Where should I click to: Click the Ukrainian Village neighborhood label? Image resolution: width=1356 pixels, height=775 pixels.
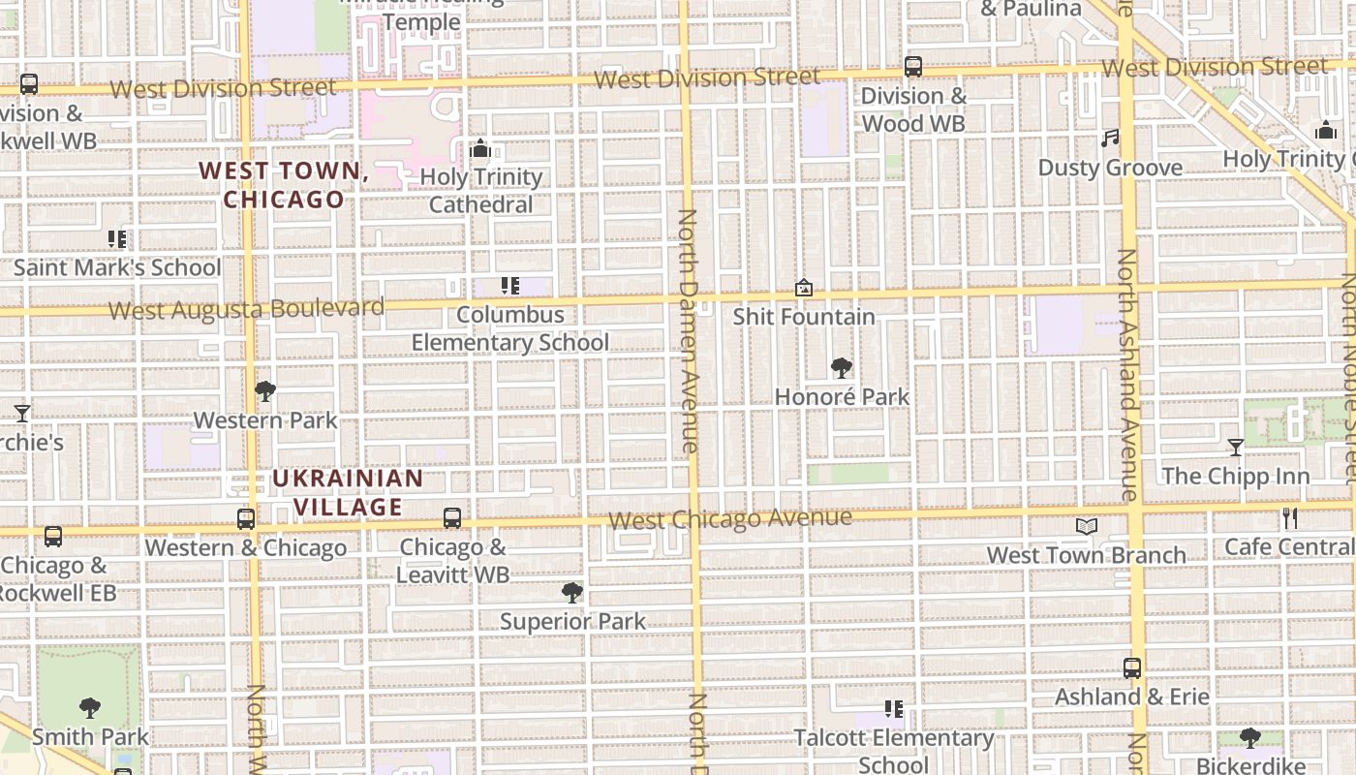[348, 492]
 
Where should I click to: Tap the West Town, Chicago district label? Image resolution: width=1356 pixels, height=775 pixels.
[284, 185]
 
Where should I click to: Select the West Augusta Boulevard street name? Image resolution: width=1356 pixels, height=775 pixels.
[246, 309]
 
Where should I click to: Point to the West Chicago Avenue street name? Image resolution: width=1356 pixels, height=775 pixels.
[730, 518]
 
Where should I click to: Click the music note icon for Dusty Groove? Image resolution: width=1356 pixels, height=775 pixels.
[1110, 139]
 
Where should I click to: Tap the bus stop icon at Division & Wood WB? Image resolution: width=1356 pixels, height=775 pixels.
[912, 67]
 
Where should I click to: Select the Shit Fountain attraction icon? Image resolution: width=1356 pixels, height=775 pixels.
[803, 288]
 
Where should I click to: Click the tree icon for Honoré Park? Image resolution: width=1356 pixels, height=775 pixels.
[841, 368]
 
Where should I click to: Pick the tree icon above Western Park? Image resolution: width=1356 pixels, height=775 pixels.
[264, 391]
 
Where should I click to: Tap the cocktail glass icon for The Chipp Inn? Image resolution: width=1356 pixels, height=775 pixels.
[1235, 448]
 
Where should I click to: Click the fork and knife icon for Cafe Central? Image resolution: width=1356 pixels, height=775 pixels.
[1289, 518]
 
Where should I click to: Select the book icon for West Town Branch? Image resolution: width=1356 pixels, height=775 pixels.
[1087, 526]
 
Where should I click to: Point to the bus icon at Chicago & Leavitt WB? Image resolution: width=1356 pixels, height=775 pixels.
[452, 518]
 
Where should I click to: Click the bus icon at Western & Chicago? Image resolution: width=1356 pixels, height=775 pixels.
[246, 519]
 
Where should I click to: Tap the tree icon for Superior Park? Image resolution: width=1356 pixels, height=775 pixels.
[571, 592]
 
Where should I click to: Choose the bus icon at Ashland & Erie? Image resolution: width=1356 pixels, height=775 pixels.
[1131, 667]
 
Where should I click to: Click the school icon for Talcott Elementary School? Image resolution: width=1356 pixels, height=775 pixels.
[893, 709]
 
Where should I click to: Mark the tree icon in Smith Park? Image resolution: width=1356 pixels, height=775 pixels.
[90, 708]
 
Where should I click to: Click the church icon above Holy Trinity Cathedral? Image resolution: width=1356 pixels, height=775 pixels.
[479, 149]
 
